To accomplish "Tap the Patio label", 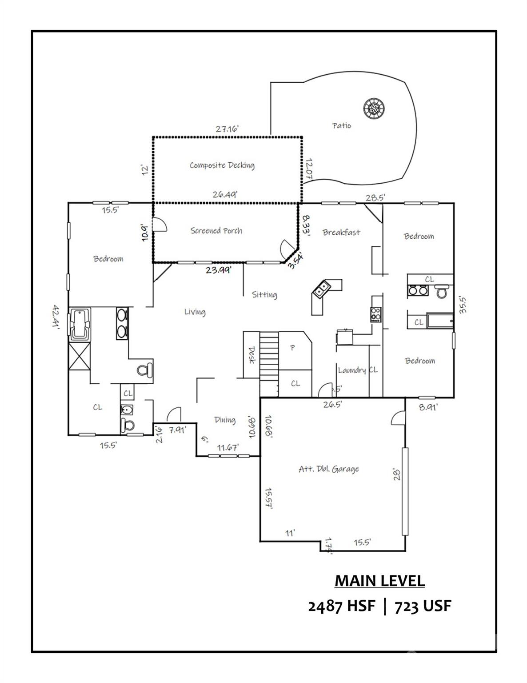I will click(x=342, y=126).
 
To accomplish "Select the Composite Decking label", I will click(x=222, y=165).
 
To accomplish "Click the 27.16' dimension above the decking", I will click(x=228, y=129).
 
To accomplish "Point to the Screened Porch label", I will click(x=216, y=231).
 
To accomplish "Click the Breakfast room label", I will click(x=341, y=232).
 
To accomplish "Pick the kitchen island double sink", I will click(x=321, y=289).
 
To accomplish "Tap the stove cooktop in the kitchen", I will click(x=376, y=314).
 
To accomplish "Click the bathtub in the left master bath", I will click(x=80, y=324).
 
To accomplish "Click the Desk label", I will click(x=252, y=355).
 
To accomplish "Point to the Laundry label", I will click(x=352, y=370).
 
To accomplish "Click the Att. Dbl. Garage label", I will click(x=328, y=469).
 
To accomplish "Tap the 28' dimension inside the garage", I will click(x=397, y=474).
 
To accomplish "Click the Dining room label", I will click(x=225, y=420).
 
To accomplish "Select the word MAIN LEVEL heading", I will click(x=379, y=581).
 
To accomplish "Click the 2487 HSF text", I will click(x=342, y=606).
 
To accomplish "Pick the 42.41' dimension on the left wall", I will click(x=56, y=316).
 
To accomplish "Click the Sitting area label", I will click(x=264, y=294).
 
